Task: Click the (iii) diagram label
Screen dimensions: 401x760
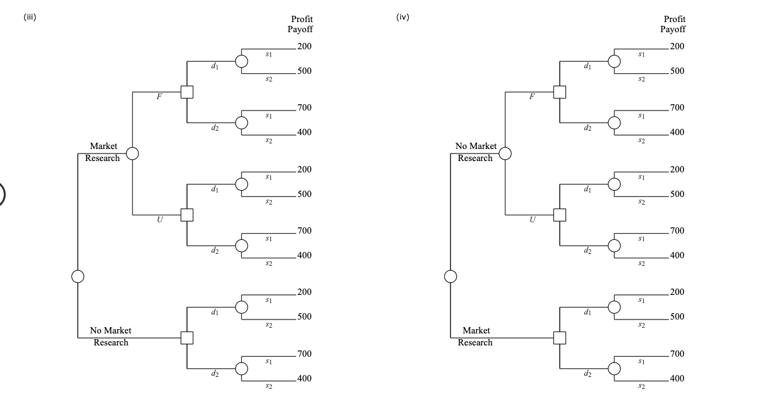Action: tap(30, 17)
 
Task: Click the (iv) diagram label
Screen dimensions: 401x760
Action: tap(402, 17)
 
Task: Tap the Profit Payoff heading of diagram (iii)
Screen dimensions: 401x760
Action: tap(301, 24)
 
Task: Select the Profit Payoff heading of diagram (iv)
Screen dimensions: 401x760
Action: tap(673, 24)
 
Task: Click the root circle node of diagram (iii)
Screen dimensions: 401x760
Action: tap(78, 277)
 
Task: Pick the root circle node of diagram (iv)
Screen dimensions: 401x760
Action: tap(450, 277)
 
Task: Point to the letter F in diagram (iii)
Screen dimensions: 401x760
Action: tap(159, 97)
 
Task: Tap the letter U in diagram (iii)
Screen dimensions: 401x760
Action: tap(160, 220)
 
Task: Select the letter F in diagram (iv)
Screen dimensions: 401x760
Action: tap(532, 97)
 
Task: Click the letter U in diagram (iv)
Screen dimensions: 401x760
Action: tap(533, 220)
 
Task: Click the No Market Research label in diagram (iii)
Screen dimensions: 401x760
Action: tap(111, 337)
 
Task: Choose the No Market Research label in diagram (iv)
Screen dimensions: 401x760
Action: tap(476, 152)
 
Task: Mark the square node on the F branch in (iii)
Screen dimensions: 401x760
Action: tap(187, 92)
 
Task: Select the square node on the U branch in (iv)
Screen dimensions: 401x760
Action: tap(560, 215)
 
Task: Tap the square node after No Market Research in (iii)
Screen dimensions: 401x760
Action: tap(187, 338)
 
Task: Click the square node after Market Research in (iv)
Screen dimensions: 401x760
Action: tap(560, 338)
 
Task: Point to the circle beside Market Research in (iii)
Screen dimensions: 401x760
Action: tap(132, 153)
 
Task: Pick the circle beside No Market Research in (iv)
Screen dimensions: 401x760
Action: tap(505, 153)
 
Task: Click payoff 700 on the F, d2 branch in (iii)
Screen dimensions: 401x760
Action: tap(305, 108)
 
